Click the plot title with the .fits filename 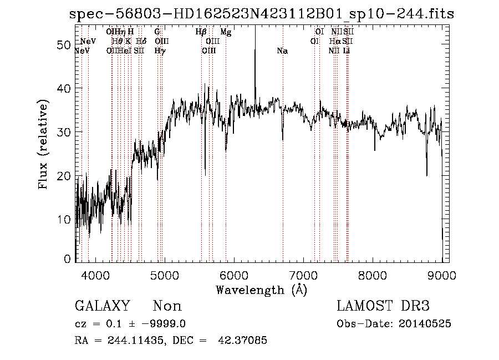[261, 13]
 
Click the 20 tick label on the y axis [63, 176]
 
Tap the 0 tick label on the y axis [68, 259]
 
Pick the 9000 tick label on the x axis [442, 275]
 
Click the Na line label [282, 51]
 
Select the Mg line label [226, 32]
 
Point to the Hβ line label [201, 32]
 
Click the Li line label [347, 51]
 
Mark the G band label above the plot [157, 32]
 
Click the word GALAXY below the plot [102, 306]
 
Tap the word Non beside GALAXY [167, 306]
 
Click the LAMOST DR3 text [383, 306]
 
